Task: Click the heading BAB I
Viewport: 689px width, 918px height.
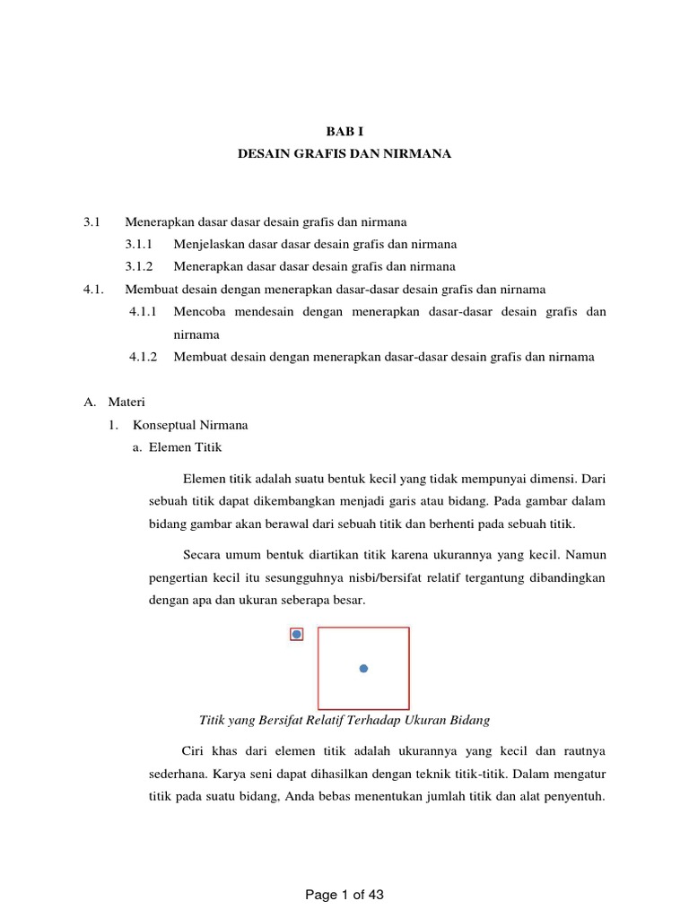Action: pos(344,131)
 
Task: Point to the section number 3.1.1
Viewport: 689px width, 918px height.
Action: pos(140,243)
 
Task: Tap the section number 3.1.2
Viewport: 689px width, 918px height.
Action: pos(140,266)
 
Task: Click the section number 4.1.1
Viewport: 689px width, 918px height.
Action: pos(143,312)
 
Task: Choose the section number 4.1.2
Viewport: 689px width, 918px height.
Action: pos(143,357)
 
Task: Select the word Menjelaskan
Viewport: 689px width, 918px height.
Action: pos(205,243)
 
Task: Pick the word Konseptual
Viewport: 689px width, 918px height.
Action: pos(165,425)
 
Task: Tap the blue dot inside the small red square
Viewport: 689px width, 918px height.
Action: pos(297,635)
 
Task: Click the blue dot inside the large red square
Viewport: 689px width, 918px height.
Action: pos(363,668)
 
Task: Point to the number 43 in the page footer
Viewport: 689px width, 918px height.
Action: pos(375,895)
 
